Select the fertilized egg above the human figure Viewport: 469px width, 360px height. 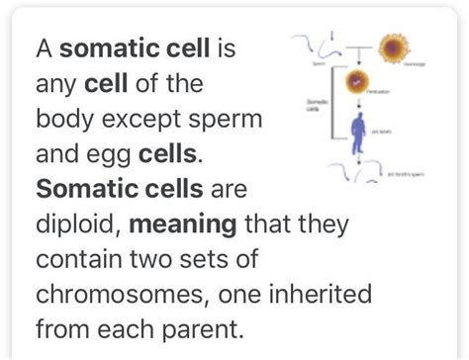(x=360, y=82)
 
